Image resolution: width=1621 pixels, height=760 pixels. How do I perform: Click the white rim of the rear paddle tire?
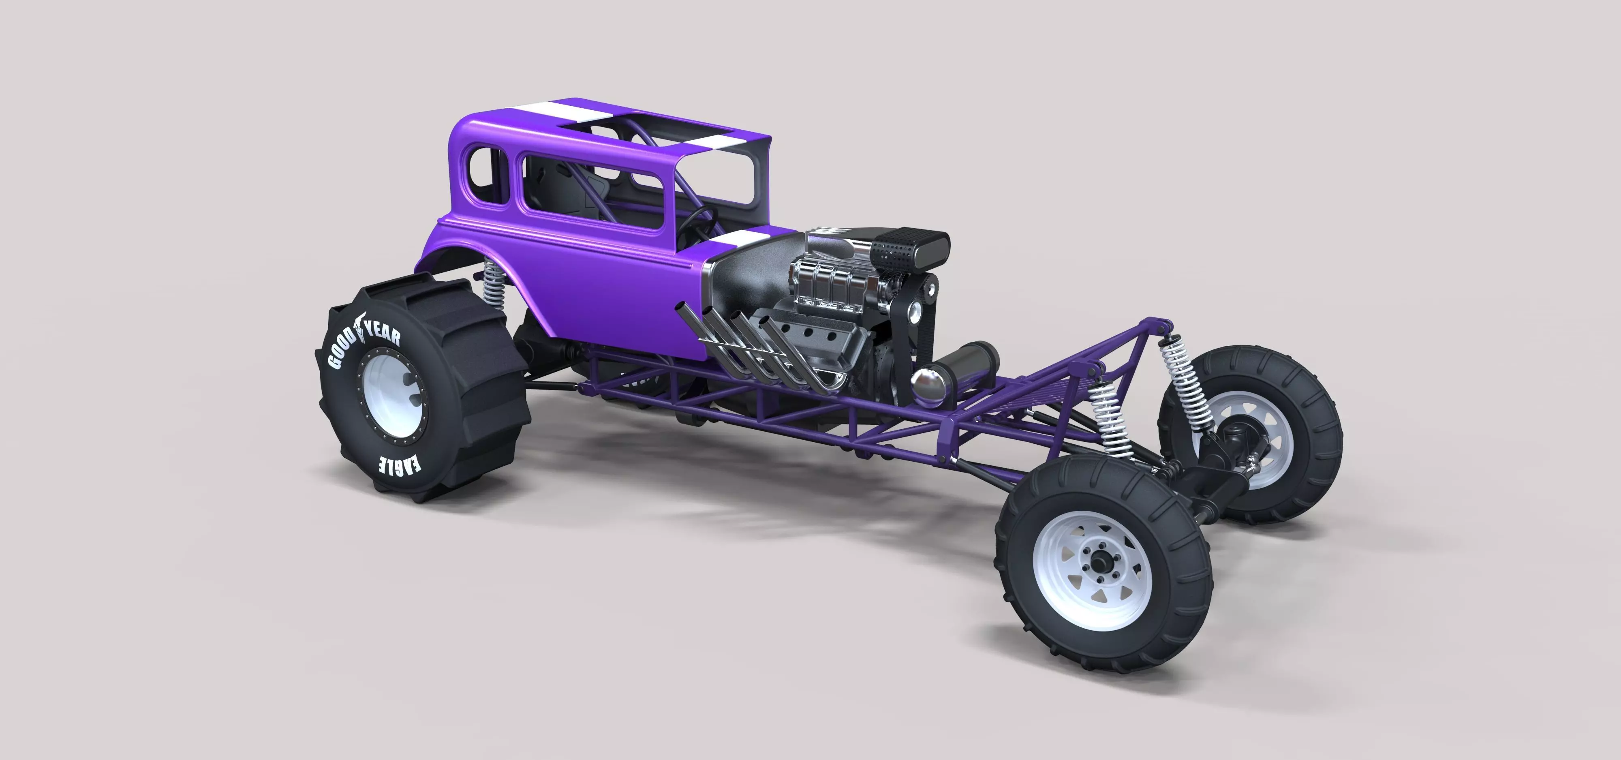384,402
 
